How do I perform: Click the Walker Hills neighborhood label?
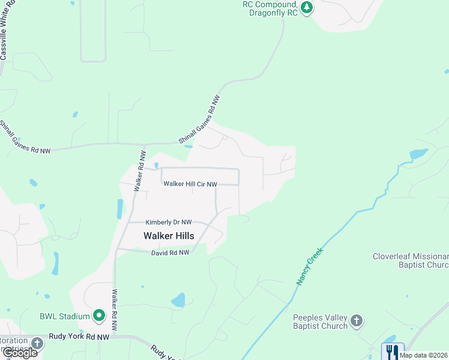tap(169, 236)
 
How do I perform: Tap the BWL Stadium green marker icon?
tap(99, 315)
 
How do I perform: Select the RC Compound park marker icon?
tap(307, 8)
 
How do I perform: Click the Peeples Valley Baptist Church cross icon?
tap(357, 320)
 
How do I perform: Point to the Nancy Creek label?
tap(309, 266)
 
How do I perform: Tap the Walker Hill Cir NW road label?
tap(190, 184)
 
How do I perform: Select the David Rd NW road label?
tap(170, 253)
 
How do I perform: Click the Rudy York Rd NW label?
tap(79, 337)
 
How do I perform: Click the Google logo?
tap(20, 353)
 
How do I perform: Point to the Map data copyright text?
tap(423, 355)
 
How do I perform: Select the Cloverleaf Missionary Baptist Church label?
tap(411, 261)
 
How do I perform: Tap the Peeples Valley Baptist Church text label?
tap(320, 322)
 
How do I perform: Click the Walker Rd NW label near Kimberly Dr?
tap(140, 170)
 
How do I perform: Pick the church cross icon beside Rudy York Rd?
tap(37, 343)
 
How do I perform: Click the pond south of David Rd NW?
tap(178, 299)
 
